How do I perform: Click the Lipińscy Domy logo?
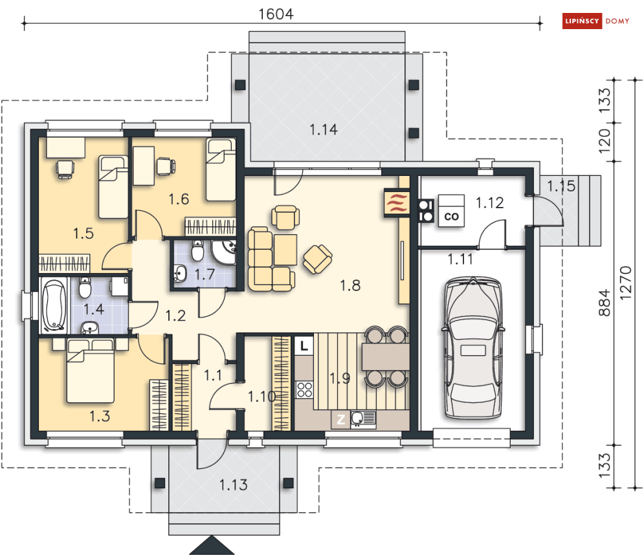tap(595, 21)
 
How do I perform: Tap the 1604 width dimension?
tap(276, 14)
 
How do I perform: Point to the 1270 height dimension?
tap(625, 283)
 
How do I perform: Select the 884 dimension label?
tap(605, 303)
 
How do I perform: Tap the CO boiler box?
tap(451, 211)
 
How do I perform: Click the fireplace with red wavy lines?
tap(397, 202)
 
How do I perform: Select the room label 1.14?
tap(324, 130)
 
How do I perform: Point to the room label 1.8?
tap(350, 285)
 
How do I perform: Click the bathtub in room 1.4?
tap(54, 305)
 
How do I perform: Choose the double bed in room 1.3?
tap(91, 371)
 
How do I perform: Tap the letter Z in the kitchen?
tap(340, 420)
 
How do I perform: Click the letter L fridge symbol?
tap(304, 345)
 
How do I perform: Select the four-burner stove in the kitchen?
tap(304, 389)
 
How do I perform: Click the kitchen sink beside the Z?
tap(363, 419)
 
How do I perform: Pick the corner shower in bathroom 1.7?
tap(223, 252)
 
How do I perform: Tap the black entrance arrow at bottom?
tap(212, 545)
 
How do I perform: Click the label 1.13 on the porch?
tap(233, 485)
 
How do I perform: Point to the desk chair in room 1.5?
tap(65, 169)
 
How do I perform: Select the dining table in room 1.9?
tap(385, 357)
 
